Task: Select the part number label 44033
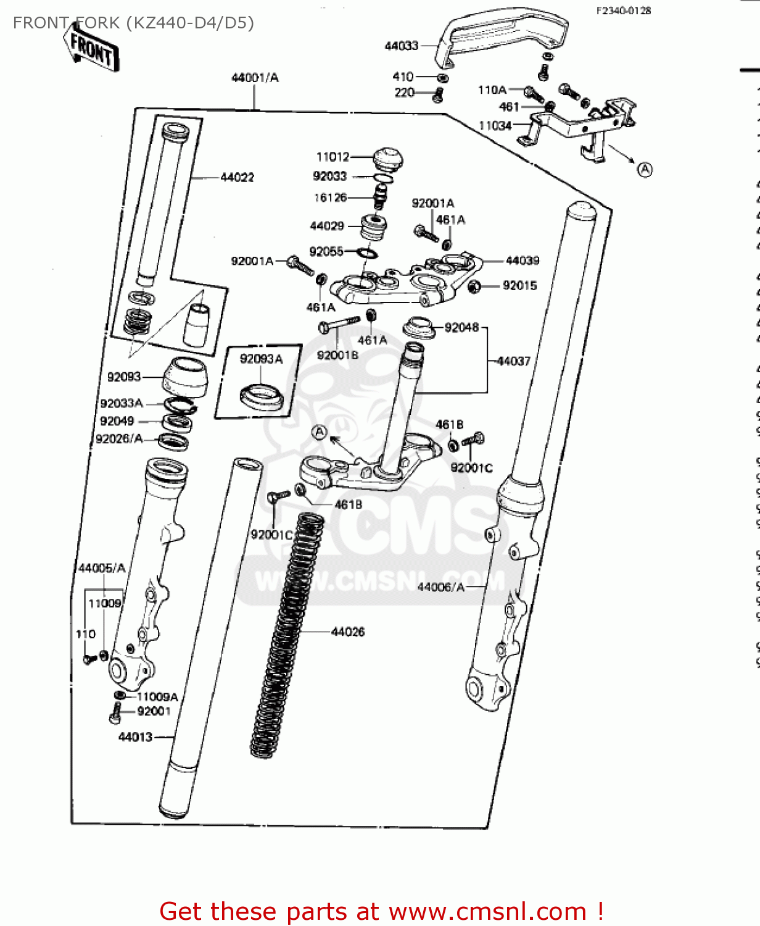(x=402, y=46)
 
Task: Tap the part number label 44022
(x=237, y=178)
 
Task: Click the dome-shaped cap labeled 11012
(x=388, y=159)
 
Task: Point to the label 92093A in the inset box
(x=261, y=359)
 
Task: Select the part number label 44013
(x=135, y=737)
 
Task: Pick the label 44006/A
(x=440, y=587)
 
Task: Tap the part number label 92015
(x=519, y=286)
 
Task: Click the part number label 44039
(x=522, y=261)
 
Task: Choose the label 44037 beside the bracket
(x=513, y=361)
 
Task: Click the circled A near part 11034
(x=645, y=170)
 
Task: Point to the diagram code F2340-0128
(x=623, y=10)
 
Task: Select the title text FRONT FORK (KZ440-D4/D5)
(x=133, y=23)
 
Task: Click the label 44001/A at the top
(x=255, y=78)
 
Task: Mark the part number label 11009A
(x=157, y=697)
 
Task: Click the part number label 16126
(x=330, y=198)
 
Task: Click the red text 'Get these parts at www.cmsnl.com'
(x=381, y=911)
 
